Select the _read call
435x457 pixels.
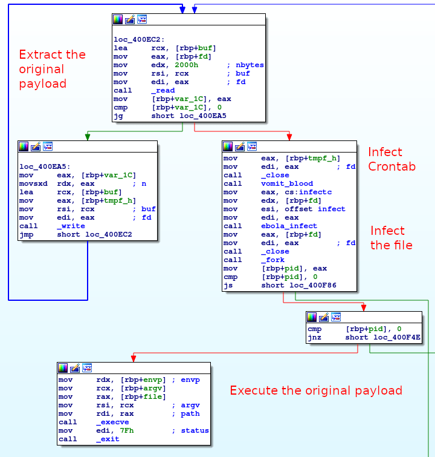pyautogui.click(x=165, y=90)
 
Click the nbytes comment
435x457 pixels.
pyautogui.click(x=250, y=65)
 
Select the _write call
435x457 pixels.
pyautogui.click(x=71, y=226)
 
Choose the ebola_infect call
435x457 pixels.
pyautogui.click(x=289, y=226)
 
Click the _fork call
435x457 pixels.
pyautogui.click(x=274, y=260)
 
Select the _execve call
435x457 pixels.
pyautogui.click(x=112, y=422)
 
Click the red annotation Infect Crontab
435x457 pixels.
pyautogui.click(x=392, y=159)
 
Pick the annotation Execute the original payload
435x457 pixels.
pyautogui.click(x=316, y=390)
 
